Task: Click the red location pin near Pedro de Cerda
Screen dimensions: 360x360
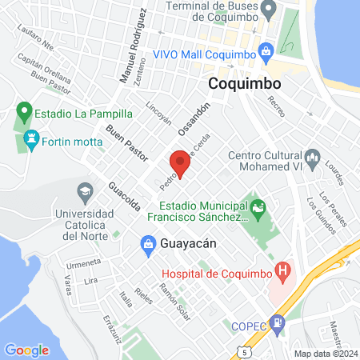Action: (180, 162)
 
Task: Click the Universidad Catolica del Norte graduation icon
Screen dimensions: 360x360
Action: (84, 192)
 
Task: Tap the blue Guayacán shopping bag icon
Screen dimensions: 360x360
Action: (148, 242)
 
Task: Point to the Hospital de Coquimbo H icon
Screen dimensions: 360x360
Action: (281, 271)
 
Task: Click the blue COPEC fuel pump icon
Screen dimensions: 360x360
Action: (277, 325)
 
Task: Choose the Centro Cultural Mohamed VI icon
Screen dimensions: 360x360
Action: (313, 155)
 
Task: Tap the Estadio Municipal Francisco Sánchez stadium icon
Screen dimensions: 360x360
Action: (257, 210)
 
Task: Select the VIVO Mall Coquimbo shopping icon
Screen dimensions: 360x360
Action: (266, 54)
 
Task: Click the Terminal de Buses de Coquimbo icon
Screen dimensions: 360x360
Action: (270, 10)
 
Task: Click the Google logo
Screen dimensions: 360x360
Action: (26, 350)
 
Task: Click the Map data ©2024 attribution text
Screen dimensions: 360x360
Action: (325, 354)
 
